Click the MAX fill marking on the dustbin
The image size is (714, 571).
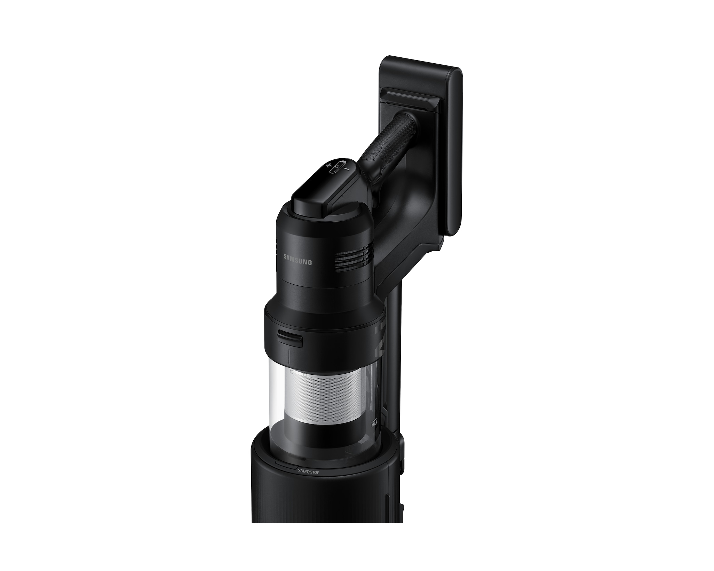375,424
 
